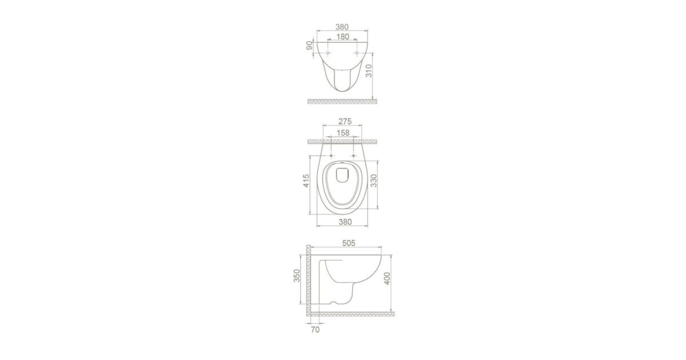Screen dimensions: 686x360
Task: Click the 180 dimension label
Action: pos(342,37)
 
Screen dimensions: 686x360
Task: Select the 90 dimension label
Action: pos(310,45)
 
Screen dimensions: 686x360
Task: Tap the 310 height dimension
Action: pos(369,71)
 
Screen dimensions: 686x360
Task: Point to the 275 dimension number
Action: pos(345,121)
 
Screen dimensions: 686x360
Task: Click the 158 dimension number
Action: pos(342,133)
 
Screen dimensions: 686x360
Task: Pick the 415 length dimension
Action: pos(306,181)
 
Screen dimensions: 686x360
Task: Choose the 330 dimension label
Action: pos(374,181)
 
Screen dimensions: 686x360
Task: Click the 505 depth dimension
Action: pos(349,243)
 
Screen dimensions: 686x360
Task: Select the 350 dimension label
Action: pos(297,275)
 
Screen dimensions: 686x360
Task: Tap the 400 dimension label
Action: pos(387,279)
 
